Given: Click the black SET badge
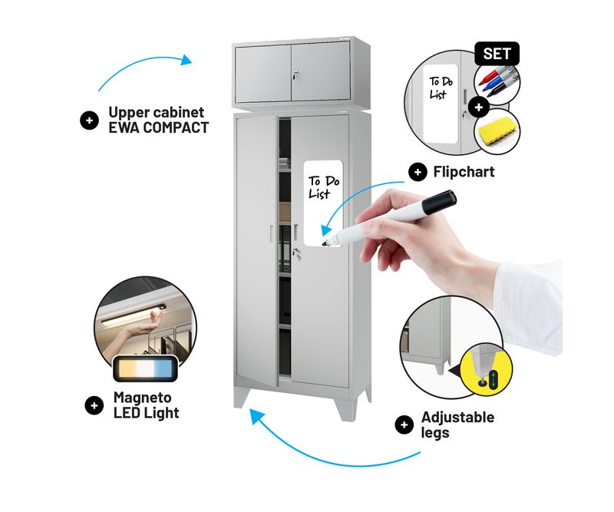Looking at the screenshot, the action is [x=497, y=54].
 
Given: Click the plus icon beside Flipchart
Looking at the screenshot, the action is [x=418, y=173].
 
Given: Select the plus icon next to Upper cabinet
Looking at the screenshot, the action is [x=89, y=121].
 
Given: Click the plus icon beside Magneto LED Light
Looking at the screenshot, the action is [x=94, y=405].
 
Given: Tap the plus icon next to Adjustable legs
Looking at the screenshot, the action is [x=404, y=425].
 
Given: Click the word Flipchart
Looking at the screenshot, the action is [x=464, y=172].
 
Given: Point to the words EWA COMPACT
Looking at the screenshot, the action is [x=159, y=127].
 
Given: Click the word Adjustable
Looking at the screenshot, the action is [x=457, y=418].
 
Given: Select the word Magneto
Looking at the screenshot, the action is [x=143, y=398].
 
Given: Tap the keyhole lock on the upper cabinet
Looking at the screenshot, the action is [x=296, y=74].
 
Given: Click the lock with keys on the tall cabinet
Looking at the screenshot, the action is [x=297, y=254].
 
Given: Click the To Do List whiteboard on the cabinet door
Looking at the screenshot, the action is [x=323, y=203].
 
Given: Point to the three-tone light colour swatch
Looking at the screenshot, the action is [x=145, y=369].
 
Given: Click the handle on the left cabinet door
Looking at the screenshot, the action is [x=271, y=233].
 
